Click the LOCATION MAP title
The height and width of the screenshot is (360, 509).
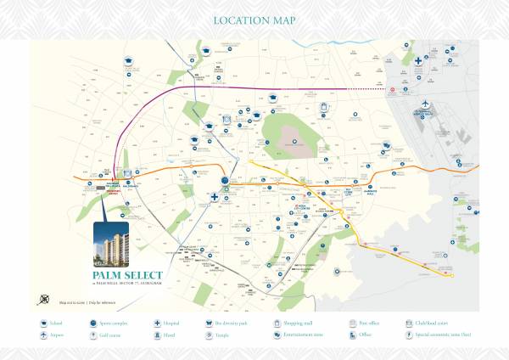(x=254, y=20)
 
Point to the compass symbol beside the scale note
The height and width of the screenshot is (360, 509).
(x=44, y=299)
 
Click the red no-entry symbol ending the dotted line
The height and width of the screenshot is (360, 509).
(x=392, y=88)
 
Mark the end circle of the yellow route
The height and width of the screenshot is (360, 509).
(x=451, y=274)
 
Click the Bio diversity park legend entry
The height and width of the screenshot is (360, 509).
(x=221, y=323)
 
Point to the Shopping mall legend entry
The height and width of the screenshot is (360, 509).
(x=290, y=323)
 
